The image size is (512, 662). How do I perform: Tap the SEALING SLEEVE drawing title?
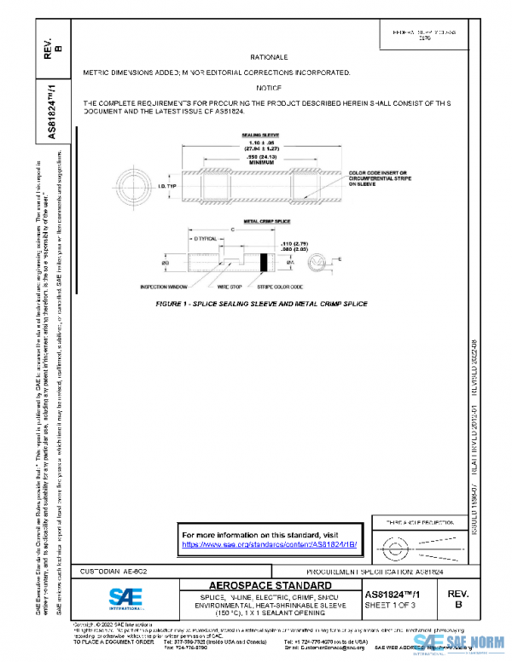(236, 135)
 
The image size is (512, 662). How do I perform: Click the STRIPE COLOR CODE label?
(282, 287)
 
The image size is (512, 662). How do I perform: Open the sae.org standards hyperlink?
(269, 543)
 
